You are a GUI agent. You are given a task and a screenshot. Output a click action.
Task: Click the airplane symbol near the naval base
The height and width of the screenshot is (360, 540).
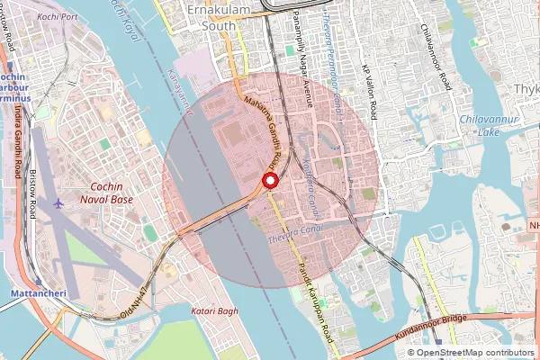(59, 202)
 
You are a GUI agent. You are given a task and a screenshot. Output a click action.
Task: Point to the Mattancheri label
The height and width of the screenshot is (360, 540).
(32, 293)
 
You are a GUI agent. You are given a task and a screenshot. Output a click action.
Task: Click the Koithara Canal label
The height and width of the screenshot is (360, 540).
(310, 171)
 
